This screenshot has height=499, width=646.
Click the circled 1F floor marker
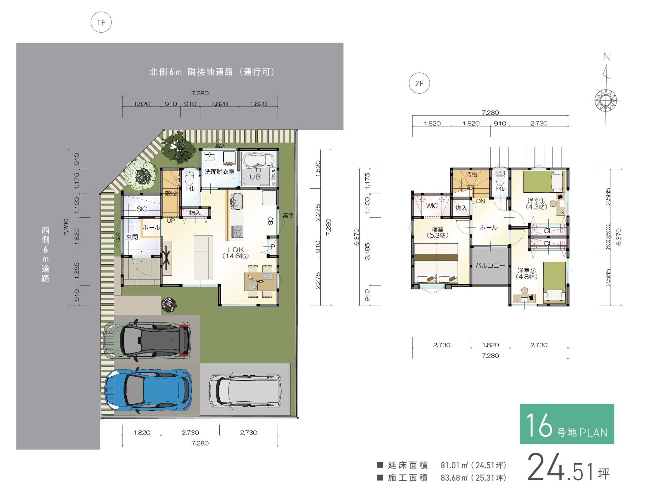point(101,23)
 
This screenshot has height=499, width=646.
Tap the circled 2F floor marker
point(419,83)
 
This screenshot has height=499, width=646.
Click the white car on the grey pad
point(245,391)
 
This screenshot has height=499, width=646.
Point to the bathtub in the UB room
point(258,160)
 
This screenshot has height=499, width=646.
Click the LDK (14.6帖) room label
point(235,253)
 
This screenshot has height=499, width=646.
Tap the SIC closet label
point(142,209)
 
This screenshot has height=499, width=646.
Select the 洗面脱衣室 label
point(219,172)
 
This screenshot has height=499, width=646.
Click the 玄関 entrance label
point(132,237)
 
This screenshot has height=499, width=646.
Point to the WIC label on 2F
point(432,206)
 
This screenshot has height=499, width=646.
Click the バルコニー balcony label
point(490,265)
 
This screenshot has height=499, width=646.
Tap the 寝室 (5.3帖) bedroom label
point(437,232)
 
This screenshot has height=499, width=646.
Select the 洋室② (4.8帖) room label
point(527,273)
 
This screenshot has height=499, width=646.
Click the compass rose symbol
point(606,100)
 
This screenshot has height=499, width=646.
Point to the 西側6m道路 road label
point(45,254)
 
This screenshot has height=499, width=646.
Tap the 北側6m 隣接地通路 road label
point(212,72)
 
